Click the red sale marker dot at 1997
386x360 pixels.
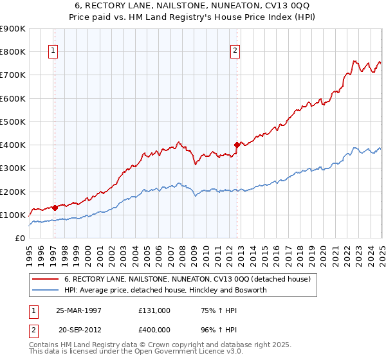55,208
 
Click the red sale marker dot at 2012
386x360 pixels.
237,145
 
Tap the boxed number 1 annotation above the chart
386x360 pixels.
53,51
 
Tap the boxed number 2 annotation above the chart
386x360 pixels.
235,51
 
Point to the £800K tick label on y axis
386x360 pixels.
13,51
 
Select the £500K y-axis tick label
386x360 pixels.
13,122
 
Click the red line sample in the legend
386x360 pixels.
46,279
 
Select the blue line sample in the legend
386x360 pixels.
46,290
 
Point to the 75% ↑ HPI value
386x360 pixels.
208,310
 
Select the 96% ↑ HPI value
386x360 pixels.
208,330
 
